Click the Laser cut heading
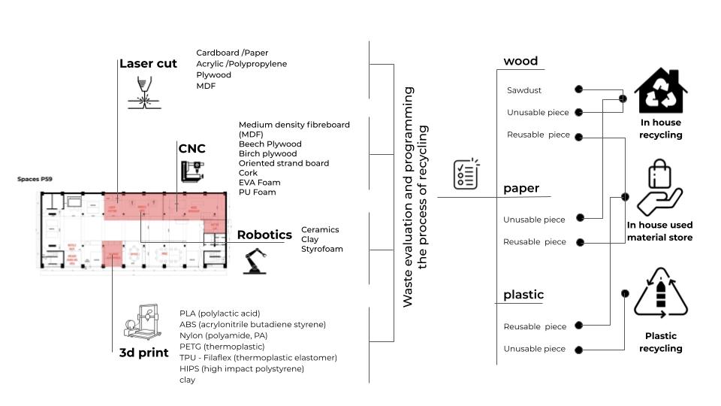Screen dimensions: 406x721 pos(148,64)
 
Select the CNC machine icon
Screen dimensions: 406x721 pos(192,171)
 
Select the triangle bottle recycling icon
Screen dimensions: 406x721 pos(660,297)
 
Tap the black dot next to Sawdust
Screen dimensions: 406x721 pos(578,89)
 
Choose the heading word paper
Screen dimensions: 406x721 pos(521,188)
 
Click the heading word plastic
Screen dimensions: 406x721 pos(523,295)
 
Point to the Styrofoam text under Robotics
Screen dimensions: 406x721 pos(322,249)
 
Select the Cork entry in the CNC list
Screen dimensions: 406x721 pos(248,173)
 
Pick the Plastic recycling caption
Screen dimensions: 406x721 pos(661,342)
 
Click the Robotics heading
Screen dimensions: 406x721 pos(264,235)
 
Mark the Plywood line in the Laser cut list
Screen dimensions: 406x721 pos(214,75)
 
